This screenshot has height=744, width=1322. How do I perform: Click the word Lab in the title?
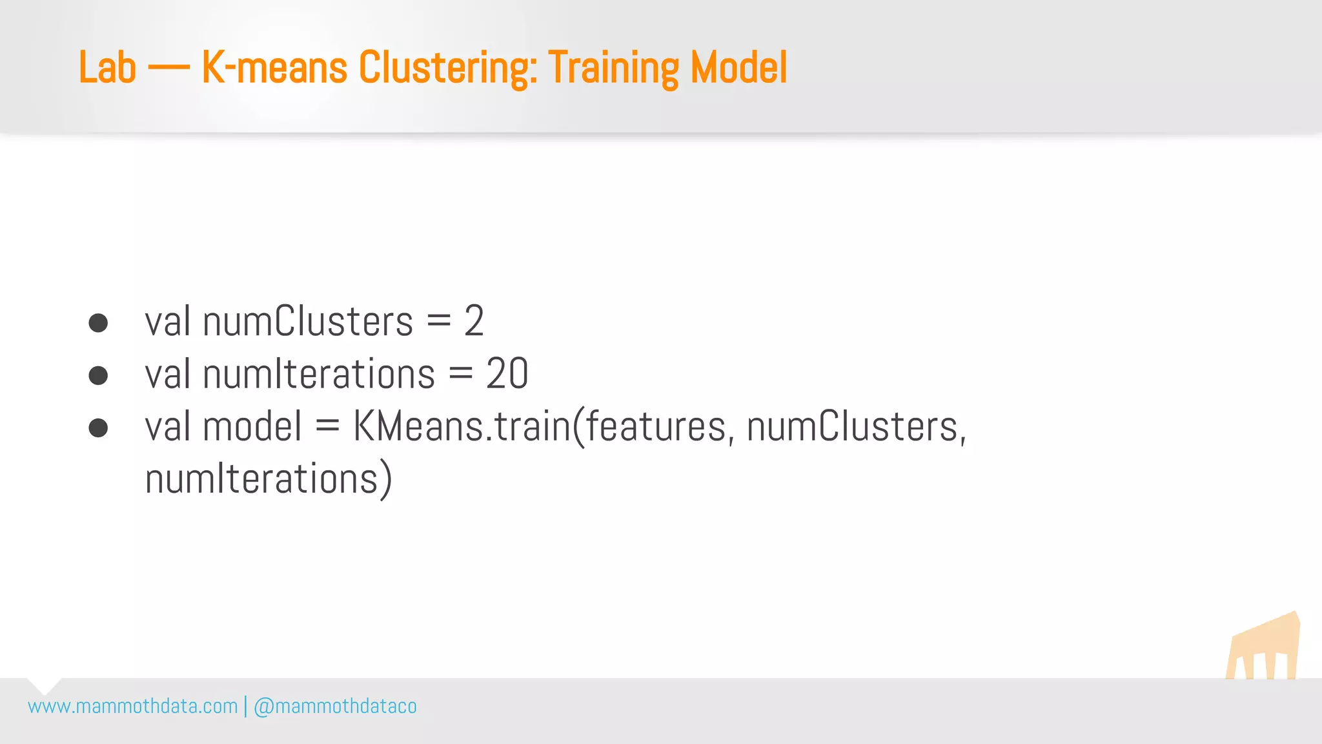point(107,68)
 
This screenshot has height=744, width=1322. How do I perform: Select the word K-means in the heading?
point(274,68)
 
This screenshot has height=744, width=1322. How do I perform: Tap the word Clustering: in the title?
point(448,68)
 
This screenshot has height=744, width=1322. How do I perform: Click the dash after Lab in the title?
point(168,68)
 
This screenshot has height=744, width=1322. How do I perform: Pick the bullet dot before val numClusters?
point(98,322)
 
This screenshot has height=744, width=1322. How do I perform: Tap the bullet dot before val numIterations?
point(98,375)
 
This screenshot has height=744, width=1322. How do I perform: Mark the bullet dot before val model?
point(98,428)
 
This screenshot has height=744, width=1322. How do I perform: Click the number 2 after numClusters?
point(474,321)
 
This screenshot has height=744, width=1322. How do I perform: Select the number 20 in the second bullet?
point(507,374)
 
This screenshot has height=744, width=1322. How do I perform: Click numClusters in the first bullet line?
point(308,321)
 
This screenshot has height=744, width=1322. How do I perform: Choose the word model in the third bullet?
point(252,427)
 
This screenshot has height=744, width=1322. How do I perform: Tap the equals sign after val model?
point(327,427)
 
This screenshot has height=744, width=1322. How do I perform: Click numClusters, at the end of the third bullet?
point(857,427)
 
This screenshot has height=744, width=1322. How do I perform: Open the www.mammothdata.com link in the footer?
point(133,707)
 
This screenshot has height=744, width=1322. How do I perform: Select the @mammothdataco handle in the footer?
point(335,707)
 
